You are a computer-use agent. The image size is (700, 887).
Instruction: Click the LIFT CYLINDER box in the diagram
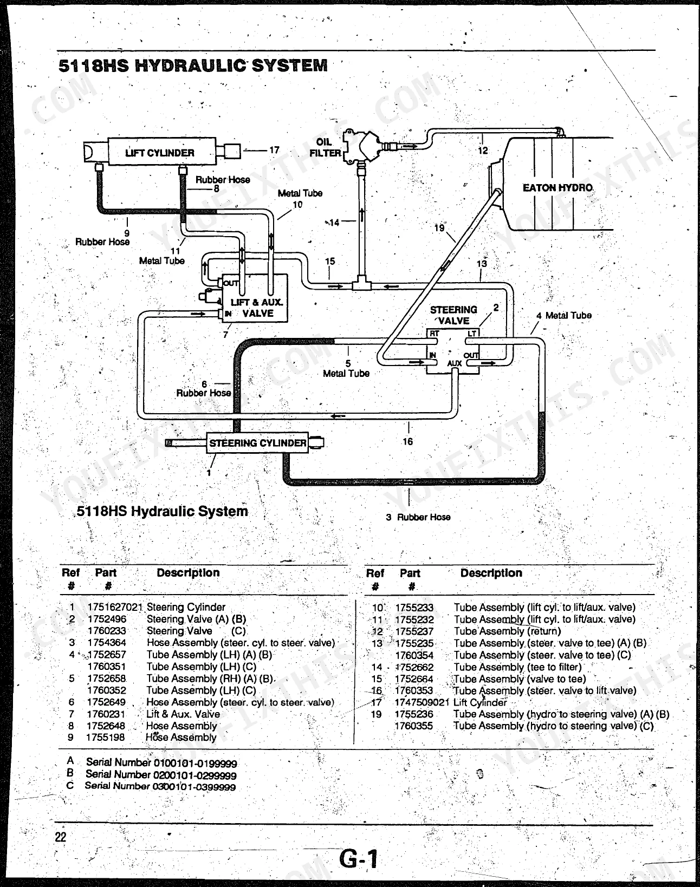pyautogui.click(x=161, y=152)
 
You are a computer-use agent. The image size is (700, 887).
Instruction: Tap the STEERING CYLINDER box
pyautogui.click(x=257, y=442)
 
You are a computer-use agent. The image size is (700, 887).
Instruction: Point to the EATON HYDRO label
pyautogui.click(x=558, y=188)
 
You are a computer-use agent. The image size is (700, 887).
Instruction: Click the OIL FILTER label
pyautogui.click(x=326, y=147)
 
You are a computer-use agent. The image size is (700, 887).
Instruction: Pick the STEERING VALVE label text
pyautogui.click(x=453, y=315)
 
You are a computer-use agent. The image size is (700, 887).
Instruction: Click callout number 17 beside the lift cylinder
pyautogui.click(x=274, y=150)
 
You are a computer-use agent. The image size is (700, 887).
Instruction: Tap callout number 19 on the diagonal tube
pyautogui.click(x=439, y=228)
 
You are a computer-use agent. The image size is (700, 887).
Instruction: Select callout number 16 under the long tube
pyautogui.click(x=407, y=441)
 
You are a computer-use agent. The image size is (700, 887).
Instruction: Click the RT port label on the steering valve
pyautogui.click(x=434, y=334)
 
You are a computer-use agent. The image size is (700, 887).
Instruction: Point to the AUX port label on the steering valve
pyautogui.click(x=454, y=363)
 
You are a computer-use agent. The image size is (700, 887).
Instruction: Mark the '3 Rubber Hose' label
pyautogui.click(x=418, y=517)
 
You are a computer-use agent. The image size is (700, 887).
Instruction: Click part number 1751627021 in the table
pyautogui.click(x=115, y=607)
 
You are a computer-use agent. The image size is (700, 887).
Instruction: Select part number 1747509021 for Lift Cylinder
pyautogui.click(x=422, y=702)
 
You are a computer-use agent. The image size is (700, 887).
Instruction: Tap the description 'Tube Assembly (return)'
pyautogui.click(x=507, y=631)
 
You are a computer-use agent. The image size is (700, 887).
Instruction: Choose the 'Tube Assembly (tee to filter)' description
pyautogui.click(x=517, y=667)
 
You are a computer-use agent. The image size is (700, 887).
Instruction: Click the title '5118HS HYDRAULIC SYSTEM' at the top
pyautogui.click(x=193, y=66)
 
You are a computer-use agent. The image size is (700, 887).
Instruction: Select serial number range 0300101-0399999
pyautogui.click(x=194, y=787)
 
